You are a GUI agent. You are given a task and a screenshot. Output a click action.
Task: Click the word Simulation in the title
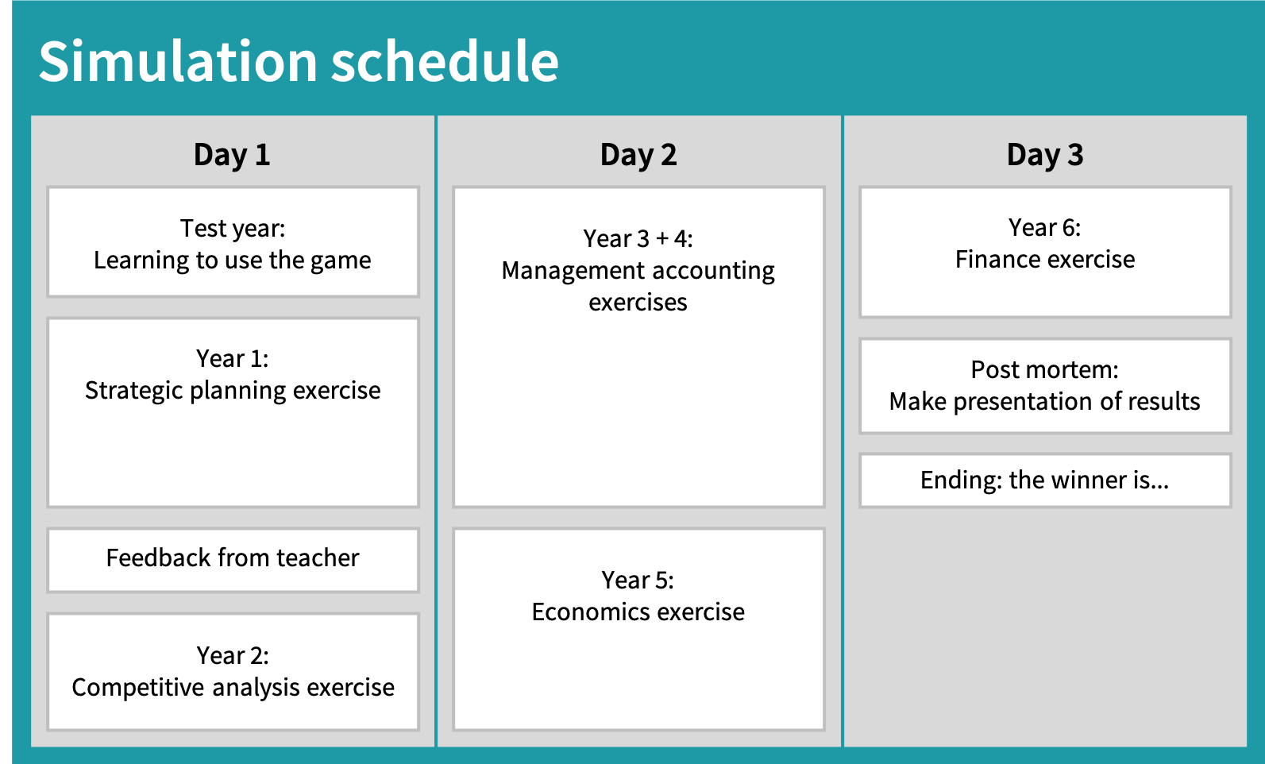[178, 61]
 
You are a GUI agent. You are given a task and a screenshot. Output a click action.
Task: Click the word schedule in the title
[445, 61]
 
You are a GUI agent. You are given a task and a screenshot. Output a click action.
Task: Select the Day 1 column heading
[232, 155]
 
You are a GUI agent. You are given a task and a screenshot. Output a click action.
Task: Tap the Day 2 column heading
[638, 155]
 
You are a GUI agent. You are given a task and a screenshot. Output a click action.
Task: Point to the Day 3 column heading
[1045, 155]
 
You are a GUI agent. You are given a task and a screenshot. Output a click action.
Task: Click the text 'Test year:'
[233, 229]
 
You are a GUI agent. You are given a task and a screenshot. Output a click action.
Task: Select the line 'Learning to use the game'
[233, 260]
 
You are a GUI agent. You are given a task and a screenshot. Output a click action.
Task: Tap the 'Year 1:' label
[233, 358]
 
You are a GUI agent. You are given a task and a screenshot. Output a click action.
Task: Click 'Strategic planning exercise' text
[233, 391]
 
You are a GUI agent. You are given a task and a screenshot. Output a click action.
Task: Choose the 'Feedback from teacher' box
[233, 560]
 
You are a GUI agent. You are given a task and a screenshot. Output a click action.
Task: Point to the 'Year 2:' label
[233, 655]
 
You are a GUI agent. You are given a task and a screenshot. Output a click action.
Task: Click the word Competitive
[138, 688]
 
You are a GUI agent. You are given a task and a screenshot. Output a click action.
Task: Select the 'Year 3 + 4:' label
[638, 239]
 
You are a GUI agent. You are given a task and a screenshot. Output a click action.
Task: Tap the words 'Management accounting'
[638, 271]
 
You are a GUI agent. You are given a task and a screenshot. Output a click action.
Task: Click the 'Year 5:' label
[638, 580]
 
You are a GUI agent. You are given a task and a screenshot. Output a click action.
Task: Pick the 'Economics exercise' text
[638, 612]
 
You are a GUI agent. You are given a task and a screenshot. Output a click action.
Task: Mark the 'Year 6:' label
[1045, 228]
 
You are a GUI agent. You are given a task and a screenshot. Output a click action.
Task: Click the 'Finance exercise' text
[1045, 260]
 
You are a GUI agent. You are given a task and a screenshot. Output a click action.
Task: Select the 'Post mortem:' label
[1045, 370]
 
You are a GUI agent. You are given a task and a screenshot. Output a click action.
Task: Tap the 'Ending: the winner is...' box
[1045, 480]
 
